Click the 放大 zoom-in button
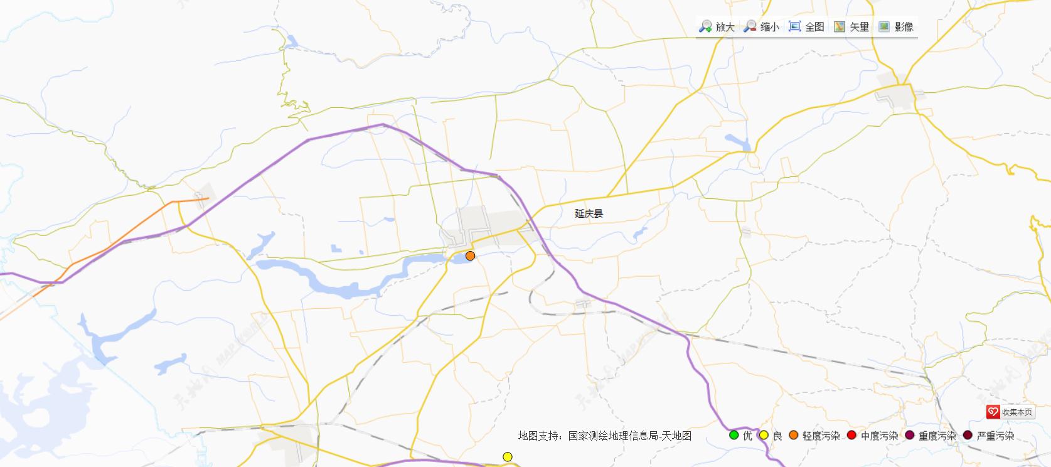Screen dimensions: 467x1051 tap(717, 27)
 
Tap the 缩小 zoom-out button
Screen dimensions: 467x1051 tap(761, 27)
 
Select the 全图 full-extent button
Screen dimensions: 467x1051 tap(807, 27)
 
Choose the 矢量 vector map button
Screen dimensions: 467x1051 tap(851, 27)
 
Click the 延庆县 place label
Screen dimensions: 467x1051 tap(589, 213)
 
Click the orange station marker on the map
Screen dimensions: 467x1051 tap(470, 255)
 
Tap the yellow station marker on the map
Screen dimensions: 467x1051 tap(507, 456)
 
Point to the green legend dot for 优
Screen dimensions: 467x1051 tap(734, 435)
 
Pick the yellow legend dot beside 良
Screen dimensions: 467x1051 tap(764, 435)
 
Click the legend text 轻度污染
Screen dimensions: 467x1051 tap(821, 436)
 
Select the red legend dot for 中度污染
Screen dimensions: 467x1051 tap(851, 435)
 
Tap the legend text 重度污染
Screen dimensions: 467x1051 tap(937, 436)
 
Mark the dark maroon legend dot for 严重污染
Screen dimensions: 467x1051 tap(968, 435)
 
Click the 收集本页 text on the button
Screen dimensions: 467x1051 tap(1016, 412)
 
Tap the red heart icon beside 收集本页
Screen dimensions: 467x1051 tap(993, 412)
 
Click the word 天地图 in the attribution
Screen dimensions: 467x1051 tap(678, 436)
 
